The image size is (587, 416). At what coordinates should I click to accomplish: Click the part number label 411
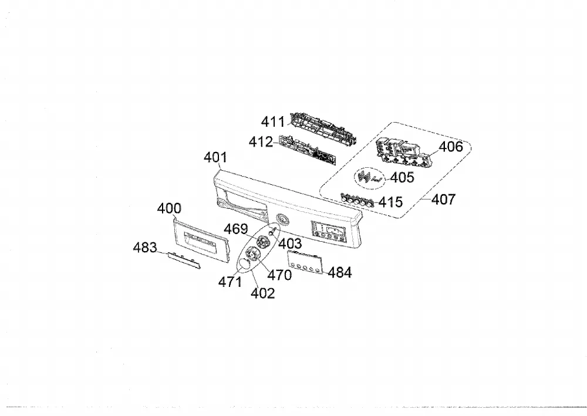point(273,121)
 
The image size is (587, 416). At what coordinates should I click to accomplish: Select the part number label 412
point(261,142)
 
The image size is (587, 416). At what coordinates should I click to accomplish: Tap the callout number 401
point(215,157)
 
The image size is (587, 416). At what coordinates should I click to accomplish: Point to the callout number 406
point(451,147)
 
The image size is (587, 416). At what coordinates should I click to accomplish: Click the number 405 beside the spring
point(402,177)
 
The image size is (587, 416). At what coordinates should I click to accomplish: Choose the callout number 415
point(390,202)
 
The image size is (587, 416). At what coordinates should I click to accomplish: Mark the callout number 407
point(444,199)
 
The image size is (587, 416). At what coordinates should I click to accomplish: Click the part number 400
point(169,208)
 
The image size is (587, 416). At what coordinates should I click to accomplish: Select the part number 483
point(145,247)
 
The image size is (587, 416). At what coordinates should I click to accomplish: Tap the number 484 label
point(339,273)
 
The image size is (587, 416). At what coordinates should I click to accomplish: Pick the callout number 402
point(263,293)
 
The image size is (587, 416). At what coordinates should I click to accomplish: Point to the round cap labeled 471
point(245,263)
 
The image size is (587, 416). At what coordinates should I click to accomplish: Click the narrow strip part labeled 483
point(184,260)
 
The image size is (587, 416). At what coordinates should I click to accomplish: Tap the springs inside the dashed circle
point(370,177)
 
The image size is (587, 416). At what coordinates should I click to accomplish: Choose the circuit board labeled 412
point(308,150)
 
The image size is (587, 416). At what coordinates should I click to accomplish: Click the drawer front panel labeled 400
point(200,238)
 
